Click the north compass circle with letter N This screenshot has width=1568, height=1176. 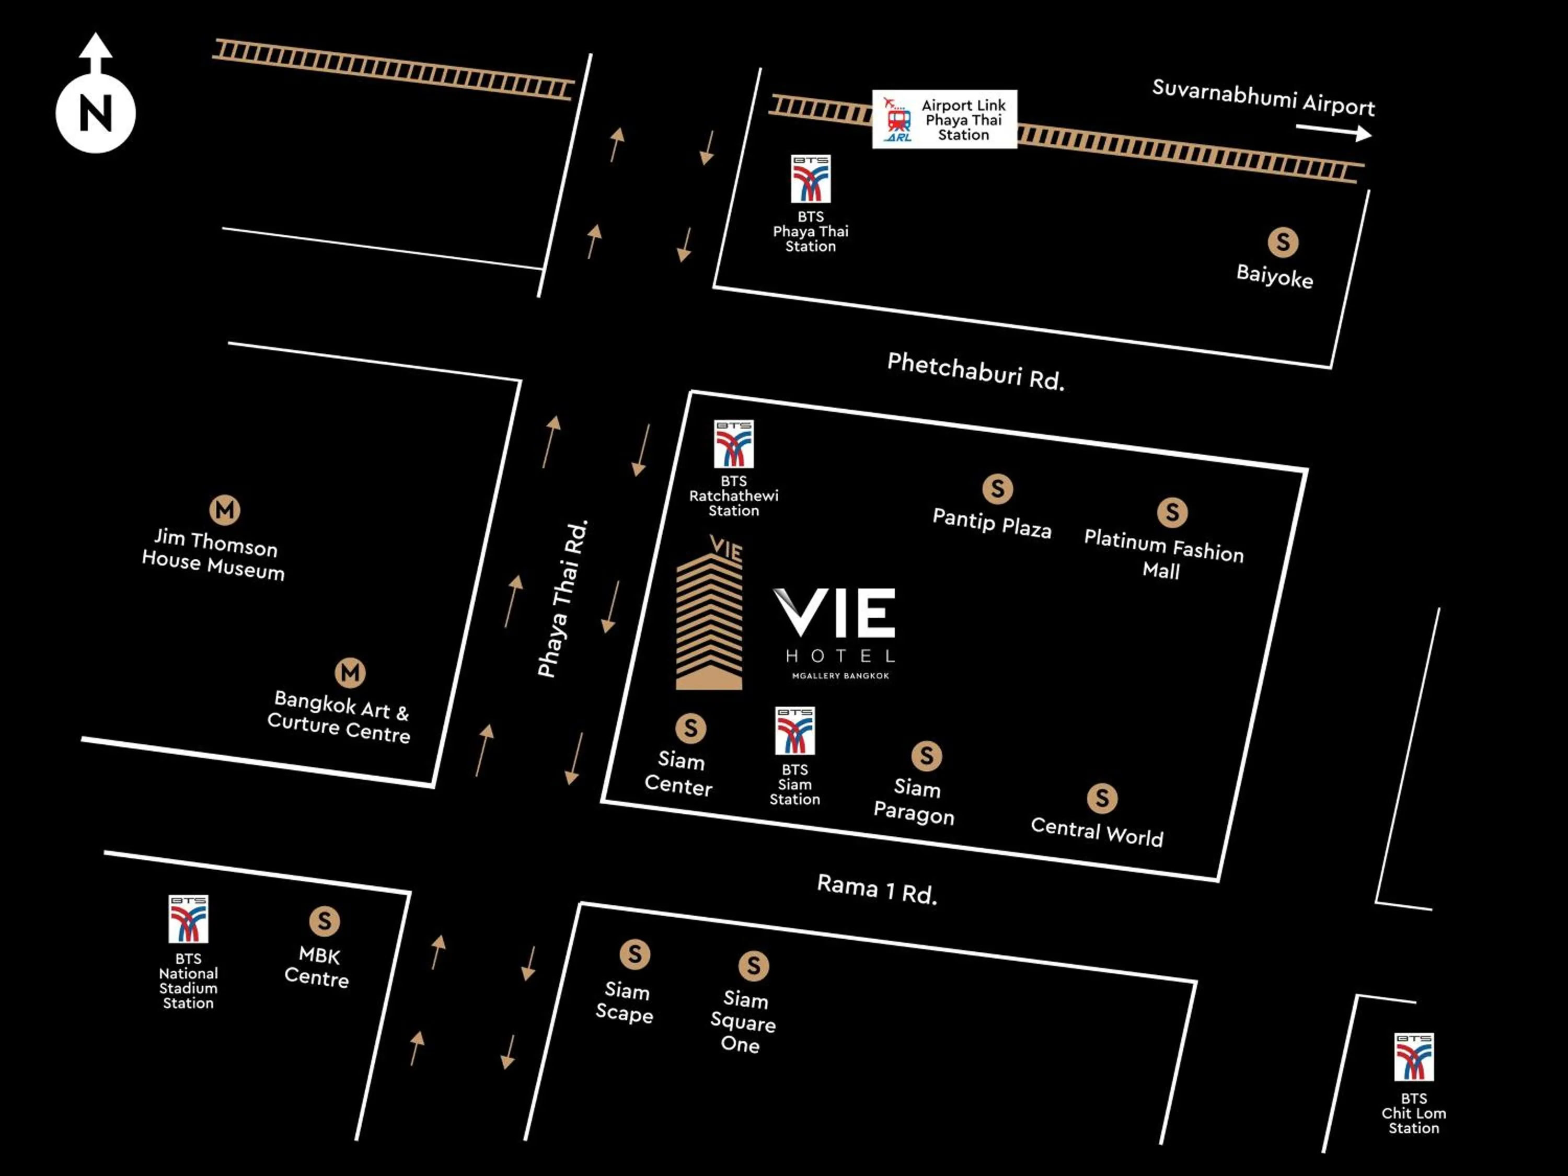pyautogui.click(x=96, y=113)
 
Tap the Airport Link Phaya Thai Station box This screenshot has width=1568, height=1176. pyautogui.click(x=944, y=119)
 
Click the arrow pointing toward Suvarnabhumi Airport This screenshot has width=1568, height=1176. pyautogui.click(x=1333, y=132)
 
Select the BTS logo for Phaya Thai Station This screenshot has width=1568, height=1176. pyautogui.click(x=810, y=179)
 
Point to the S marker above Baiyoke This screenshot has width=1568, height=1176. pyautogui.click(x=1283, y=243)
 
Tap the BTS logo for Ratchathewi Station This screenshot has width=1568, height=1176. pyautogui.click(x=734, y=444)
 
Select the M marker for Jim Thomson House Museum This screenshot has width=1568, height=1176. pyautogui.click(x=225, y=510)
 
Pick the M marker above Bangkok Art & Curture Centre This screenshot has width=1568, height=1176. pyautogui.click(x=350, y=673)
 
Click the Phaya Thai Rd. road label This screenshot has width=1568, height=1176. pyautogui.click(x=563, y=599)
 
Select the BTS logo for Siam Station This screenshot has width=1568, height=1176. pyautogui.click(x=794, y=730)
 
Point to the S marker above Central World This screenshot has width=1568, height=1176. pyautogui.click(x=1102, y=798)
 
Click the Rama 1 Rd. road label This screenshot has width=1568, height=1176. pyautogui.click(x=877, y=889)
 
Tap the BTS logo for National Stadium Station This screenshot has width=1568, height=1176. pyautogui.click(x=189, y=919)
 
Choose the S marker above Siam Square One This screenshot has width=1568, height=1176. pyautogui.click(x=754, y=965)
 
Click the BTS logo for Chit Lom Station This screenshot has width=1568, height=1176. pyautogui.click(x=1413, y=1056)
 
